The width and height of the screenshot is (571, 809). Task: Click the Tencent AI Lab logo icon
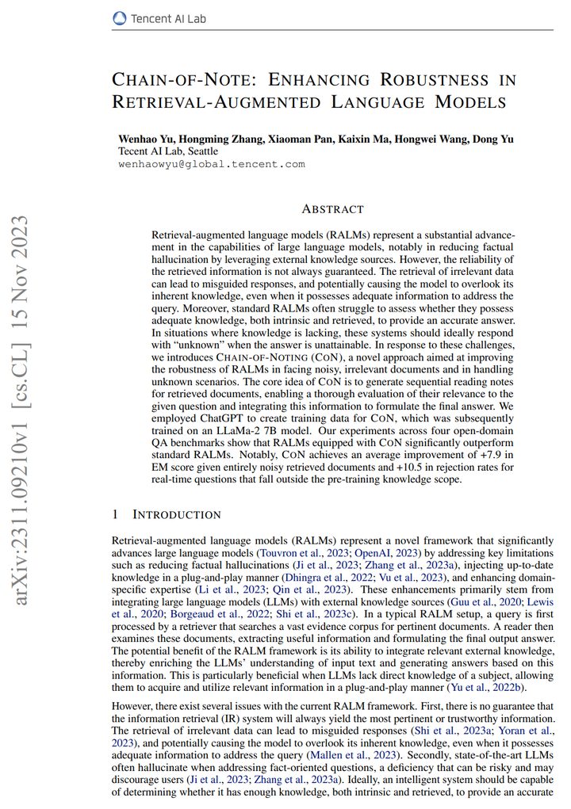click(119, 16)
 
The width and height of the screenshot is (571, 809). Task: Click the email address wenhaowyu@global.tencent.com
click(212, 164)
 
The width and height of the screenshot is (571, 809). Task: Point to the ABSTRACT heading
click(332, 209)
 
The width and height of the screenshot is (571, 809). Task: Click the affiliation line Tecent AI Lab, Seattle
click(168, 151)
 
